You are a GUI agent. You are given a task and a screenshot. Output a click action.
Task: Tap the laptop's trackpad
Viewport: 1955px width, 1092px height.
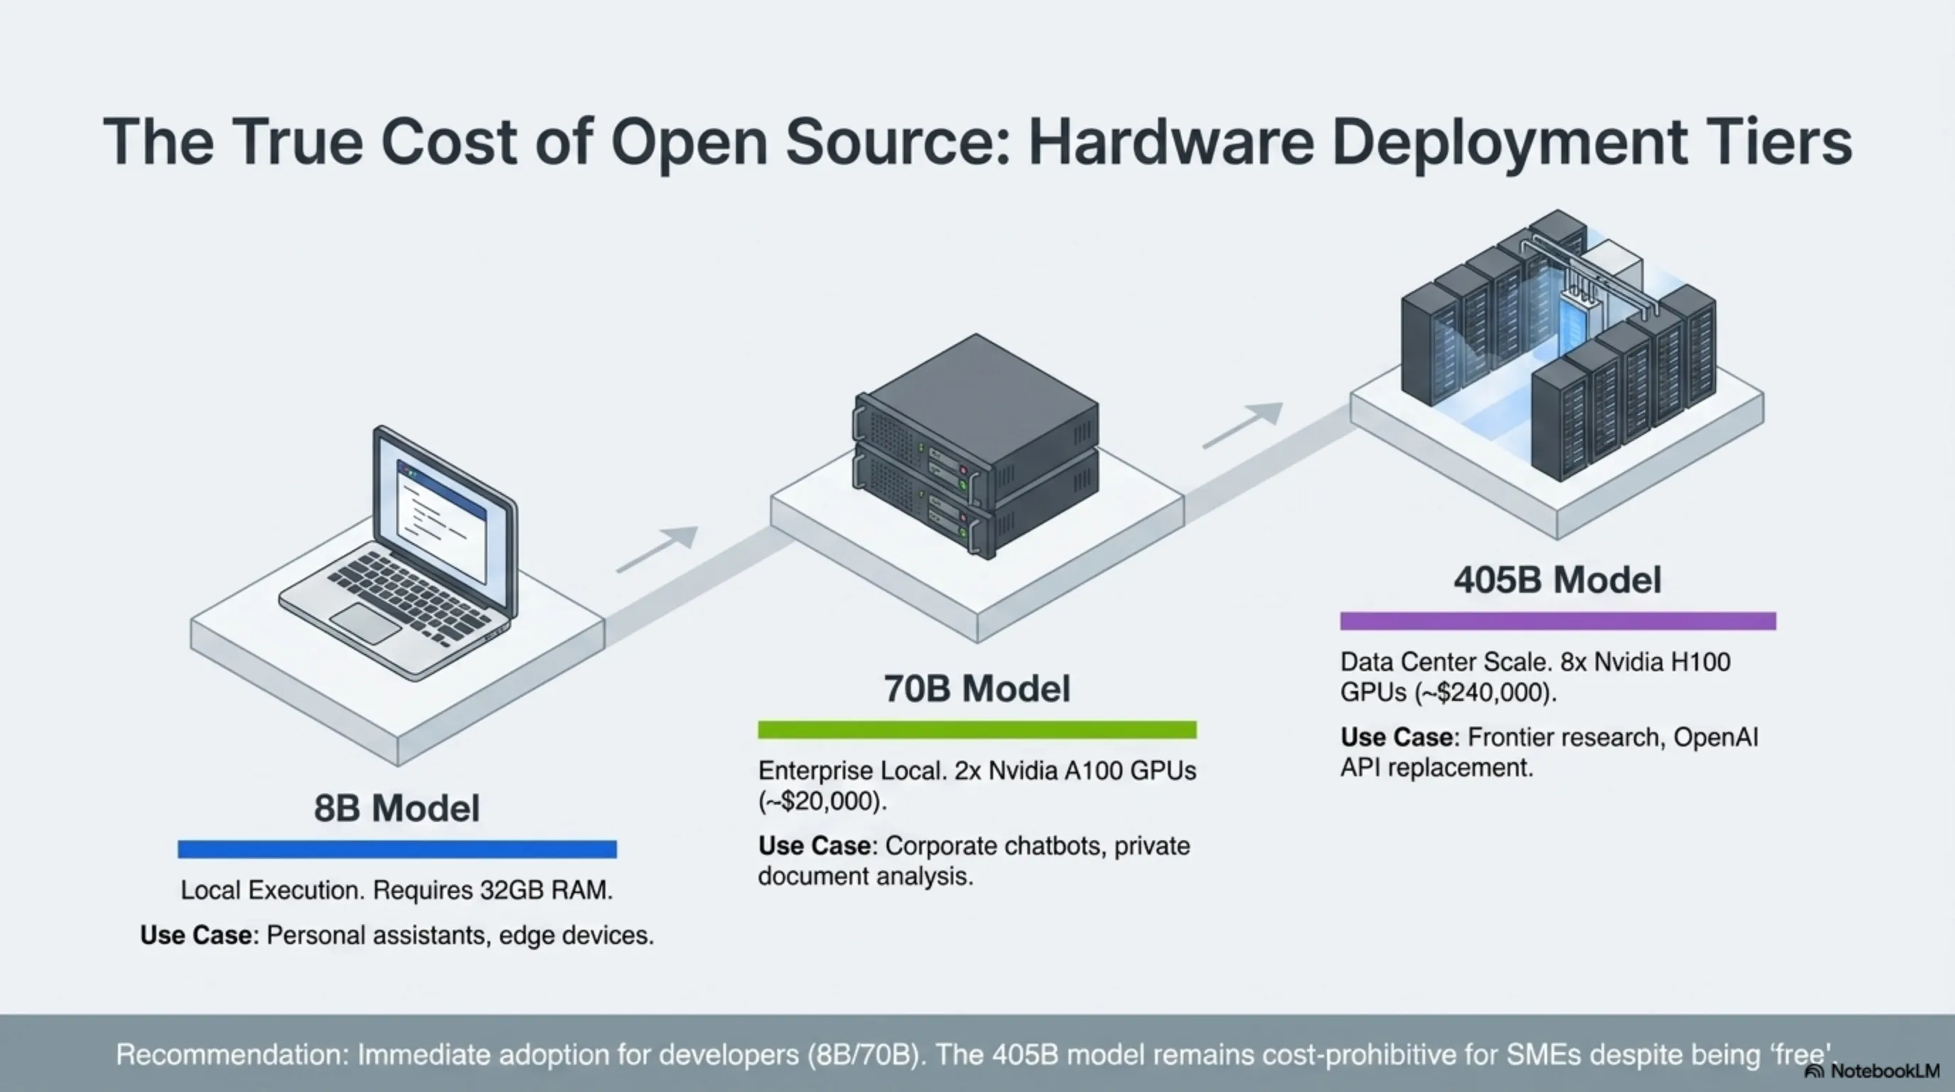click(365, 624)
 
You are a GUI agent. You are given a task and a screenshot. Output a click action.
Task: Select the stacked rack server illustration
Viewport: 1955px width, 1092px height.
click(977, 448)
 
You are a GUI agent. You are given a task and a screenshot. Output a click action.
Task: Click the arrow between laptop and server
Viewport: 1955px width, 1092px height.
click(657, 548)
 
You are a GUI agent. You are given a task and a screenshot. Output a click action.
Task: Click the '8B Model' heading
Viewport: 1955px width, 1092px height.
click(397, 808)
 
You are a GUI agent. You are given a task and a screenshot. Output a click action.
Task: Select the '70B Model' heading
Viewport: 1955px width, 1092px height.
click(977, 689)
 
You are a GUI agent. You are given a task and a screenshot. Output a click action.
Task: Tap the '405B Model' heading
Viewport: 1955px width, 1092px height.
click(1557, 580)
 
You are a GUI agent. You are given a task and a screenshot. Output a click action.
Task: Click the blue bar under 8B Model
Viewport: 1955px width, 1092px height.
click(397, 849)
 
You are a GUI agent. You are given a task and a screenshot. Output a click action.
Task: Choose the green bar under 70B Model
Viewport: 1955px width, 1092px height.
click(977, 729)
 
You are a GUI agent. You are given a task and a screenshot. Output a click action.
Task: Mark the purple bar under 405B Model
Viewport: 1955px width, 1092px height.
click(1557, 621)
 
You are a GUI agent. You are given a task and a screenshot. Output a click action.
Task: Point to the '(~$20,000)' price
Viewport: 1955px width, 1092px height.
click(822, 801)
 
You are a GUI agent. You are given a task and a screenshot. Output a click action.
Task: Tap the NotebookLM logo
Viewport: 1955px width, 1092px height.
click(1873, 1071)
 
